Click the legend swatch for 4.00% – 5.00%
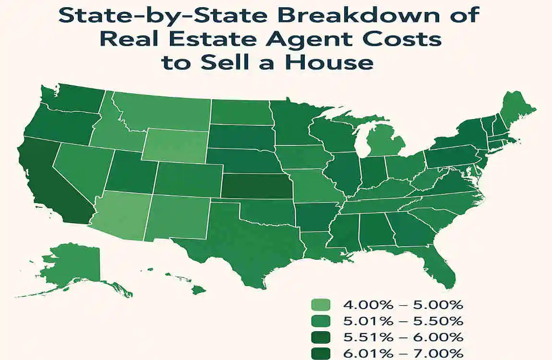(321, 305)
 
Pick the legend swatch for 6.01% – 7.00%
(321, 353)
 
